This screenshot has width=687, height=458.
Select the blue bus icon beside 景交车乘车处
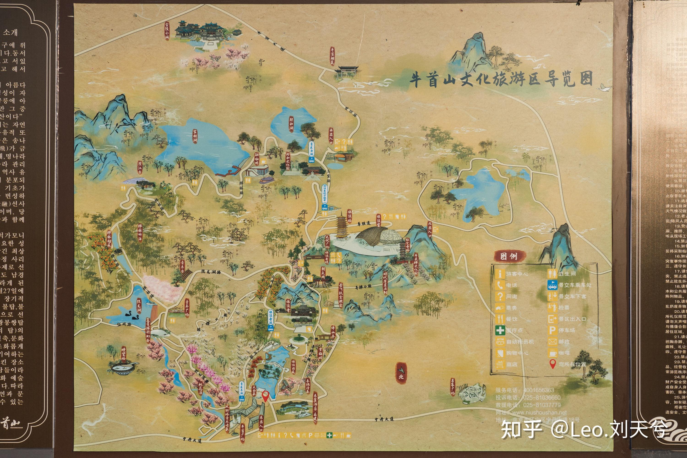click(552, 285)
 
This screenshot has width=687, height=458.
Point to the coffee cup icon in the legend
click(552, 353)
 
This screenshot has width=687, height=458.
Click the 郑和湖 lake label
click(291, 124)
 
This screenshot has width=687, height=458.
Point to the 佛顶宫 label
click(379, 221)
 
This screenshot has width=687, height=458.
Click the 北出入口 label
click(430, 229)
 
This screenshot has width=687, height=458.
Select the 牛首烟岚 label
click(332, 56)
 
